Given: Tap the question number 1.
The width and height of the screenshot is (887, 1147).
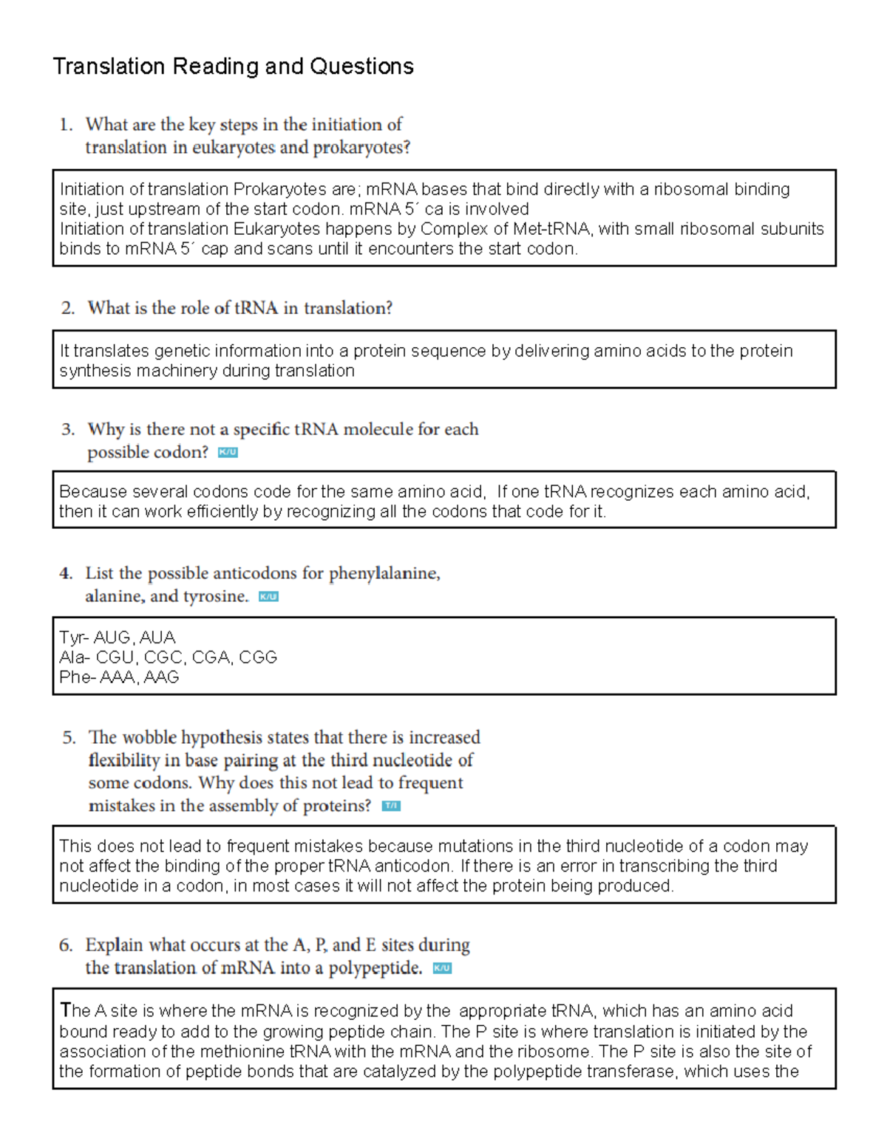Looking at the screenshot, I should click(x=66, y=125).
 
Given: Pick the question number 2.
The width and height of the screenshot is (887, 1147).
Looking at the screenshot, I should click(x=68, y=308).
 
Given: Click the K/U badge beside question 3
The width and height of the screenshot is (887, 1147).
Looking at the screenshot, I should click(x=228, y=453).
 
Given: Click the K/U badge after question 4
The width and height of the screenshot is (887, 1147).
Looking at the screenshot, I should click(x=268, y=597).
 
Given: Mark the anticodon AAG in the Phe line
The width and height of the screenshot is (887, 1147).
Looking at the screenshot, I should click(x=161, y=677).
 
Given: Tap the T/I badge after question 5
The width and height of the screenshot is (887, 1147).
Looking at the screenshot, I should click(x=391, y=807).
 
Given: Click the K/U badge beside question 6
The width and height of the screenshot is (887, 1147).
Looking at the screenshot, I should click(x=442, y=968).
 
